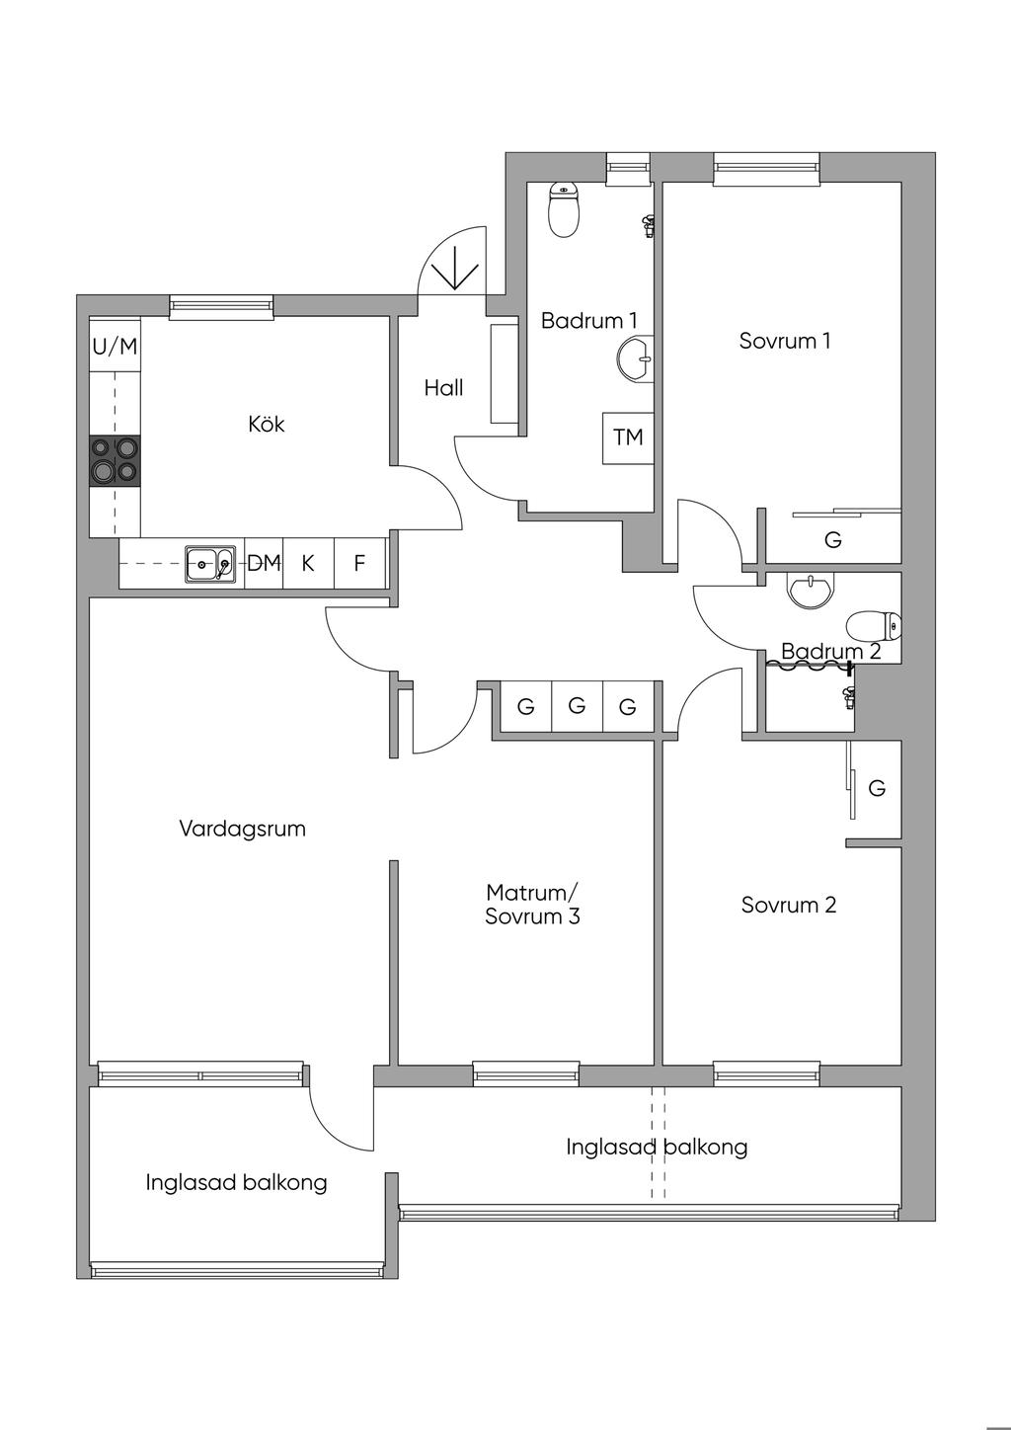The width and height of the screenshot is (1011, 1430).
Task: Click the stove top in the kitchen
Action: click(x=115, y=460)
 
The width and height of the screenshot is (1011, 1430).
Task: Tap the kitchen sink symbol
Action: click(x=210, y=564)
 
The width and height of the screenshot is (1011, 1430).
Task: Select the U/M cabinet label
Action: click(x=115, y=346)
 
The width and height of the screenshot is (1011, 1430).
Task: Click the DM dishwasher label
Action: click(x=264, y=564)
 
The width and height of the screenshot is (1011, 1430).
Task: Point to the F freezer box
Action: click(x=360, y=564)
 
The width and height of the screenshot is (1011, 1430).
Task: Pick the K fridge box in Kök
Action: click(x=308, y=564)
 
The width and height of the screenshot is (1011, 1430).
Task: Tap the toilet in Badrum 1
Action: click(x=564, y=209)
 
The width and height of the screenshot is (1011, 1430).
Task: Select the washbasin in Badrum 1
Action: click(x=635, y=358)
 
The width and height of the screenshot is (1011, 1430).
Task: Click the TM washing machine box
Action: click(x=628, y=437)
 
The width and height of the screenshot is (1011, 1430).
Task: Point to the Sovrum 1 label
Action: click(x=785, y=341)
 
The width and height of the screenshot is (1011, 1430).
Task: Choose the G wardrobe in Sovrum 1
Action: click(x=833, y=540)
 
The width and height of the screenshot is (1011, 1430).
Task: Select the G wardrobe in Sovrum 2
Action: click(x=877, y=788)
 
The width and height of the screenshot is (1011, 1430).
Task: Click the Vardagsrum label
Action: click(x=242, y=829)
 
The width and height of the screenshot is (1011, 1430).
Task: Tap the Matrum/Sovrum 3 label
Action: click(x=531, y=905)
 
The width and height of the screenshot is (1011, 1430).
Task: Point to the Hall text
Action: click(x=443, y=388)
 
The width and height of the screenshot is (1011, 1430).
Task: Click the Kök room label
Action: click(x=267, y=424)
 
